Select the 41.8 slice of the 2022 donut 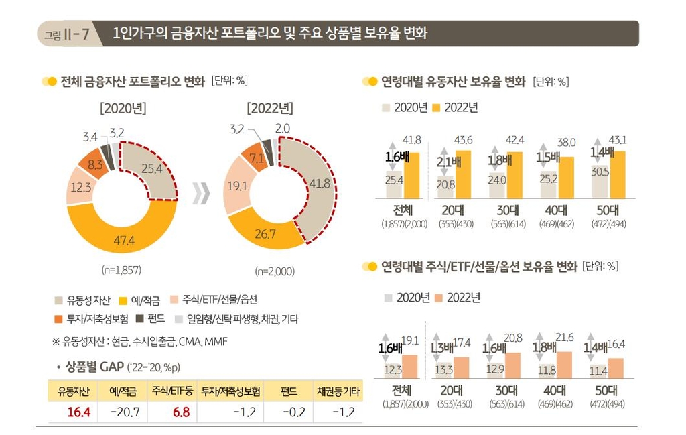tap(314, 183)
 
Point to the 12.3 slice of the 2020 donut tap(80, 188)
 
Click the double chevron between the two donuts tap(201, 192)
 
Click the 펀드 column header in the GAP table tap(289, 389)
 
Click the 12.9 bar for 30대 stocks tap(496, 370)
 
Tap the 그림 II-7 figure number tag tap(67, 34)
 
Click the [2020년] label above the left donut tap(123, 108)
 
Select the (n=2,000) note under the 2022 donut tap(274, 272)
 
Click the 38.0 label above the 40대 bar tap(566, 142)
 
